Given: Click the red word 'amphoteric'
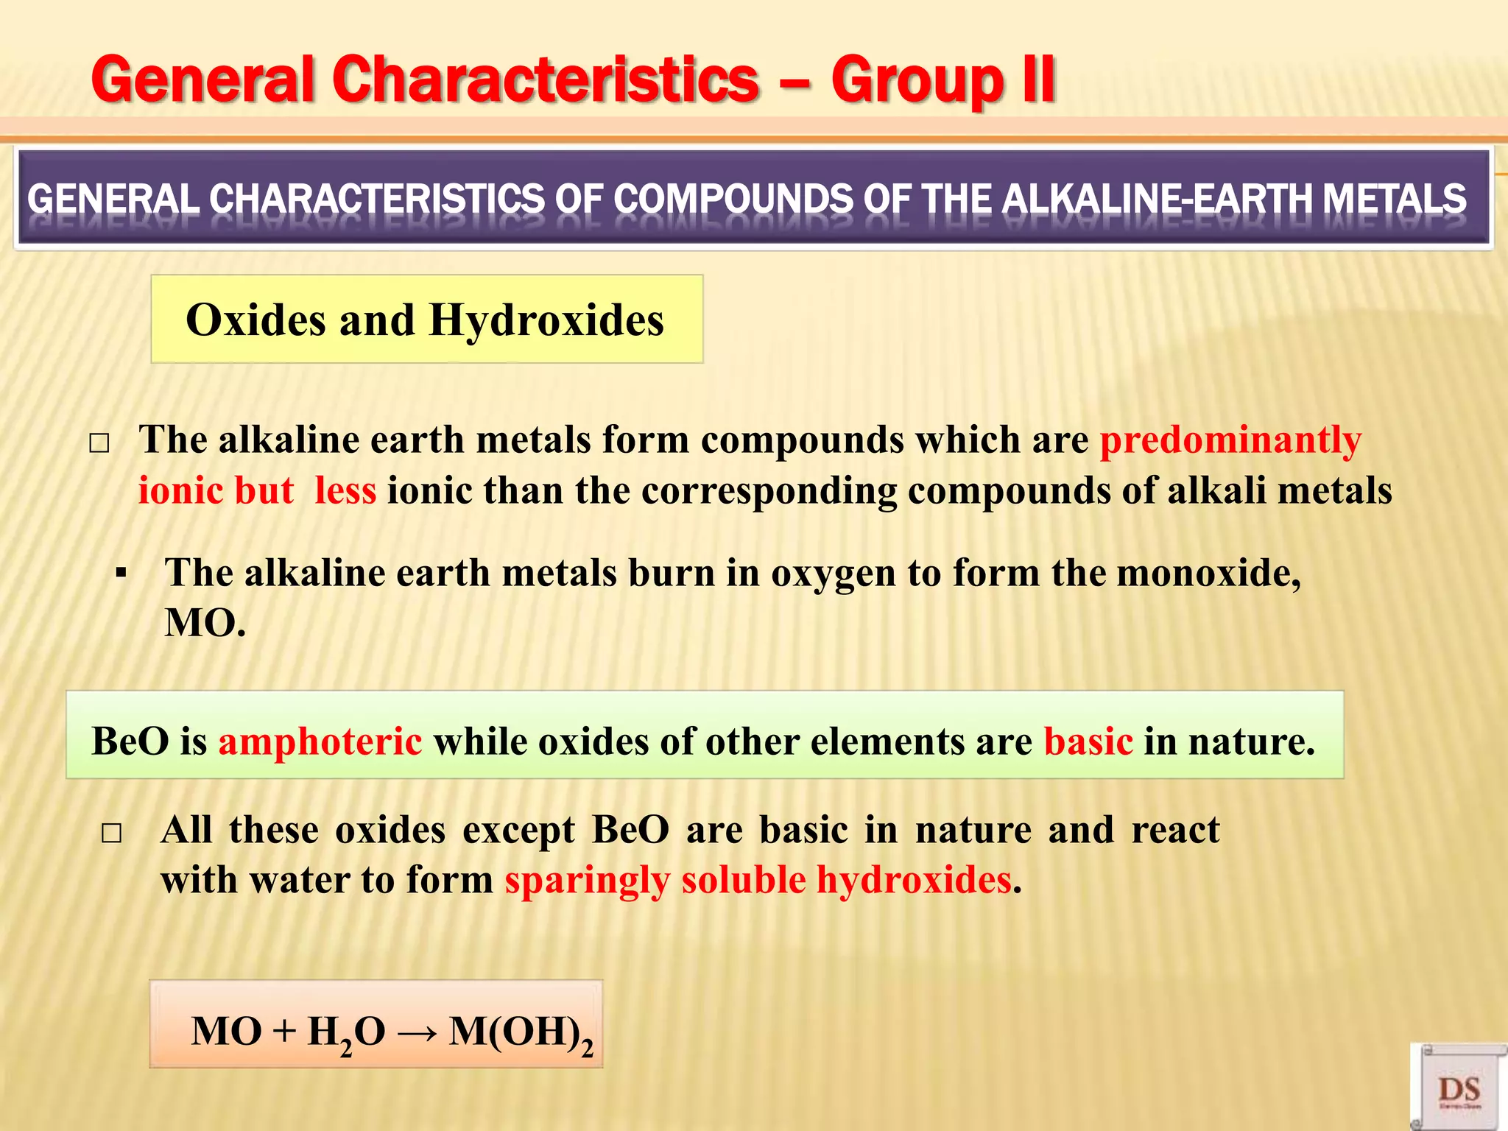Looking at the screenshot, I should point(320,741).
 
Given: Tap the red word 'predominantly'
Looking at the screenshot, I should point(1230,440).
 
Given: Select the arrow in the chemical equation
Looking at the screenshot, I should point(417,1032).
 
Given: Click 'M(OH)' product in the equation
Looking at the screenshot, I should point(515,1032).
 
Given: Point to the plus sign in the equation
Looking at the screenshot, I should point(284,1032).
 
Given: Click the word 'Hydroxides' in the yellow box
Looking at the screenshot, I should point(546,320).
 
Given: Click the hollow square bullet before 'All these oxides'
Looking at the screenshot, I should point(111,834).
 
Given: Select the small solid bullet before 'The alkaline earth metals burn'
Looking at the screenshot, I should point(121,574).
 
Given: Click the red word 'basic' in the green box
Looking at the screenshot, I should point(1088,741).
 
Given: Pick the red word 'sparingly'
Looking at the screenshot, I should point(587,880).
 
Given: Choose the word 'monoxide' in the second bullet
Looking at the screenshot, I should point(1208,573).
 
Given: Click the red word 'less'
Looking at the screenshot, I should point(345,490).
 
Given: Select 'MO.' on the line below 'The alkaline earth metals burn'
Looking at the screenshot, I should point(205,623).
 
